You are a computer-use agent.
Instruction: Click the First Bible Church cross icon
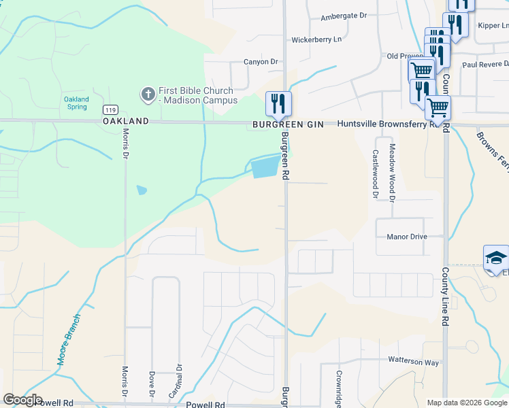pos(147,95)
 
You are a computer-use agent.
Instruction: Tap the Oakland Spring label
pos(76,103)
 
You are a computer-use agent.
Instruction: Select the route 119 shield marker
pos(109,109)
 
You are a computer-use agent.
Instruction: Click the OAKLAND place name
pos(125,121)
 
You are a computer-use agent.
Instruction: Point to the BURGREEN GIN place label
pos(288,125)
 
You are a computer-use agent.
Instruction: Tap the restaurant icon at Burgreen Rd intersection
pos(278,103)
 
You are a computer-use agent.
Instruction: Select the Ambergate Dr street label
pos(344,16)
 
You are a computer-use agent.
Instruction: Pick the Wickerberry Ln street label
pos(316,39)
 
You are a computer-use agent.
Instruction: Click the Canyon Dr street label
pos(262,62)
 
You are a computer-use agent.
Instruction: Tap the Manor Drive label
pos(407,237)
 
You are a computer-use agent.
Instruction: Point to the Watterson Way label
pos(414,362)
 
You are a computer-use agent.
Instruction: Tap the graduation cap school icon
pos(496,258)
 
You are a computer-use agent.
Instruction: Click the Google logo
pos(22,400)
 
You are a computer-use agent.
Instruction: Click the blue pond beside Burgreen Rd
pos(265,167)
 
